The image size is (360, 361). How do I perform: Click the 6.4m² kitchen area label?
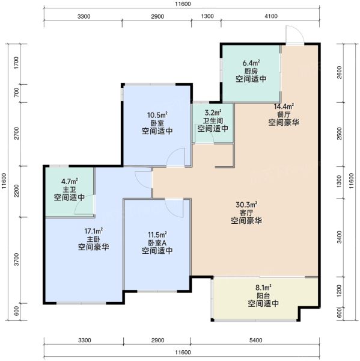coord(251,63)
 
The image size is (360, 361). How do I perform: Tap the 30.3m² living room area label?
coord(246,204)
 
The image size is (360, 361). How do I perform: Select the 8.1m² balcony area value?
coord(263,288)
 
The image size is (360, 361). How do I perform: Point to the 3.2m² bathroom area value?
coord(213,113)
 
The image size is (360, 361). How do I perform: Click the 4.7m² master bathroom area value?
coord(70,181)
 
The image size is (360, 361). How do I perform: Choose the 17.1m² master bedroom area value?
coord(93,230)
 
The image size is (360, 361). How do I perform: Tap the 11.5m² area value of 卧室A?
coord(157,235)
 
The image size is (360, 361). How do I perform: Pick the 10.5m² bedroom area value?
coord(157,115)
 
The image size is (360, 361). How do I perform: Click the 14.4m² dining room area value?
coord(284,106)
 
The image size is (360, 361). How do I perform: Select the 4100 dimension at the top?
coord(271,16)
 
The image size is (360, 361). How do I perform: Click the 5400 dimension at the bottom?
coord(255,341)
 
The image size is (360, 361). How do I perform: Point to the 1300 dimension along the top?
coord(207,16)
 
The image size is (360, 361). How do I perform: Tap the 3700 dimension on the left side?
coord(16,259)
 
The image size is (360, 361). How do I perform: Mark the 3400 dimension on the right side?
coord(340,237)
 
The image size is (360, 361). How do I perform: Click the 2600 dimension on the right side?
coord(340,72)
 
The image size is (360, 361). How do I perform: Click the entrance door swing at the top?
coord(294,34)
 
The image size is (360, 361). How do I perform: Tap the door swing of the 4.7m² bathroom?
coord(84,205)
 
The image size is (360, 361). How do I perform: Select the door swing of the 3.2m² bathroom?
coord(205,134)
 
